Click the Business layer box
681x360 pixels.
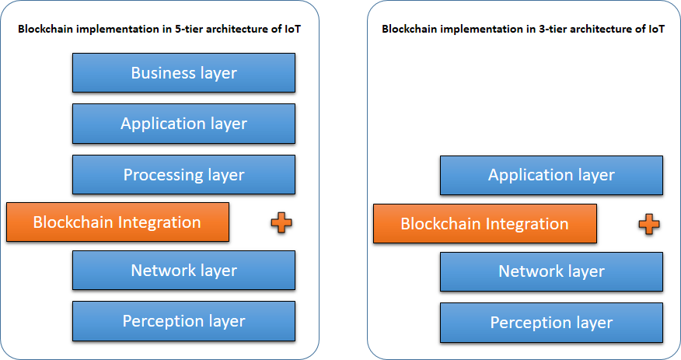tap(183, 73)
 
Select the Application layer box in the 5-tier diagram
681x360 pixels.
tap(183, 124)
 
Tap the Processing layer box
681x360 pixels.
tap(183, 174)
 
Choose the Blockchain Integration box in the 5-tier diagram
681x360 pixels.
tap(117, 222)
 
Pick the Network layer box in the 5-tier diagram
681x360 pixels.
tap(183, 271)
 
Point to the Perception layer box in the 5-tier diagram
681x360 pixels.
tap(183, 321)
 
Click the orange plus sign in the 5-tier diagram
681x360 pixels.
tap(281, 223)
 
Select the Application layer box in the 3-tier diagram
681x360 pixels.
tap(551, 175)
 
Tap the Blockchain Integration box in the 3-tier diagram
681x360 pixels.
tap(484, 224)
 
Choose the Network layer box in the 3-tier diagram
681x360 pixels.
tap(551, 271)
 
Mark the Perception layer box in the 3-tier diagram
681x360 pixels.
tap(551, 323)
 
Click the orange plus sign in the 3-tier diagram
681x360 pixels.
tap(648, 225)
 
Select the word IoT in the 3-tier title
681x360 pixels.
tap(657, 30)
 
